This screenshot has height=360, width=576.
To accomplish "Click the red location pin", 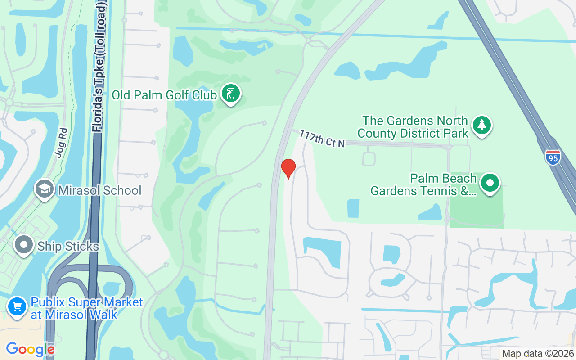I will click(x=288, y=168).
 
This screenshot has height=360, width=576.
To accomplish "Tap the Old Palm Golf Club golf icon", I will click(x=231, y=94).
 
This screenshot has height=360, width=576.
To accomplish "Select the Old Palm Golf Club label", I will click(x=164, y=95).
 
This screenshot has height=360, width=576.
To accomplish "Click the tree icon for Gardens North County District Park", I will click(x=482, y=125).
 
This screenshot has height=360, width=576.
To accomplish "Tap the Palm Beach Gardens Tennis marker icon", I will click(x=490, y=183).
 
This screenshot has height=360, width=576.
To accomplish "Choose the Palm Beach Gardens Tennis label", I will click(x=423, y=185).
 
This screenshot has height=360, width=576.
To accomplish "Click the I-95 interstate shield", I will click(x=553, y=157).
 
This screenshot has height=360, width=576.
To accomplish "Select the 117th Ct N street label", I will click(x=322, y=139).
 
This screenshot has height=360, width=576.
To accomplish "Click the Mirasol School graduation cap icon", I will click(x=45, y=189).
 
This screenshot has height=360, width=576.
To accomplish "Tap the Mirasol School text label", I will click(x=99, y=190).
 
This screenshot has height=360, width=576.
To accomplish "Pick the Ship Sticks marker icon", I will click(x=24, y=245).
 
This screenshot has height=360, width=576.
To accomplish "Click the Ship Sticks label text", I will click(x=68, y=247).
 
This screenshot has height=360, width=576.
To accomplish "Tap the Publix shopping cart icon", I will click(x=17, y=306).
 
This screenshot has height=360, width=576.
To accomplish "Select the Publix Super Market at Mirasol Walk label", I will click(x=86, y=308).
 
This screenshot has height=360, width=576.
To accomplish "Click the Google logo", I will click(x=30, y=349).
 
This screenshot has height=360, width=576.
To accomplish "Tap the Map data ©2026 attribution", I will click(x=538, y=353).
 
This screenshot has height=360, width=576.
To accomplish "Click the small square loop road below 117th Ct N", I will click(x=369, y=159).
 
